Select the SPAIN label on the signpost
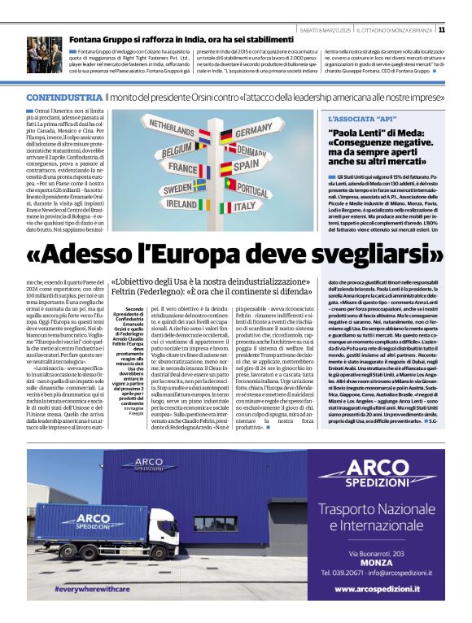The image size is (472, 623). pos(251,166)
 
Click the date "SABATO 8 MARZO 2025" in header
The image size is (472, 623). pos(323,30)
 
